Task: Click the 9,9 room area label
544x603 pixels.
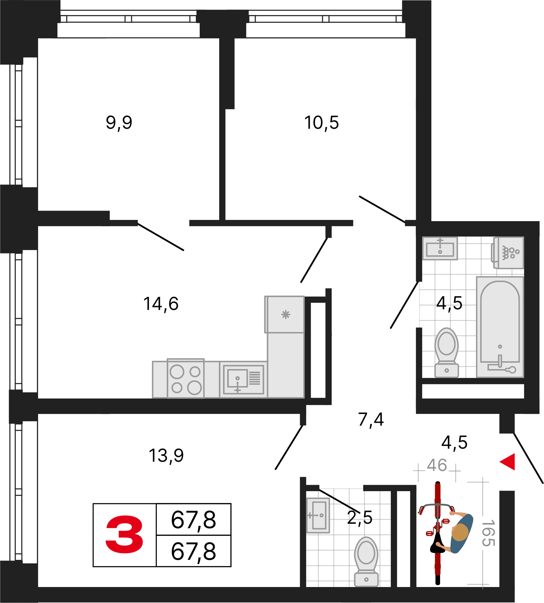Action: point(119,123)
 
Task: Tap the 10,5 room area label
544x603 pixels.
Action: point(321,123)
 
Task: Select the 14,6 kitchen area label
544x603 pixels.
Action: point(161,304)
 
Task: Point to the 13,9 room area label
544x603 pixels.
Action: point(166,455)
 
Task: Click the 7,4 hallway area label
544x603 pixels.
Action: point(371,420)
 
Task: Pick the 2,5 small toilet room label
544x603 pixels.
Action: point(360,517)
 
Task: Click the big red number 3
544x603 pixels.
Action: point(124,535)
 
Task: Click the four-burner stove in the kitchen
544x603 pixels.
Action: point(186,378)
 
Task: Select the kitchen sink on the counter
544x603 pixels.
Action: point(244,380)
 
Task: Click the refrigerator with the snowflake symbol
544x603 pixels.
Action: point(284,314)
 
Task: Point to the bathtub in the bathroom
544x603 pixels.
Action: point(500,327)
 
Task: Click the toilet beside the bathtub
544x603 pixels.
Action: point(447,352)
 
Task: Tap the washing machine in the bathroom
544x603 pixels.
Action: point(508,252)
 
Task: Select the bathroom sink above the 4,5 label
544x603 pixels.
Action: point(440,248)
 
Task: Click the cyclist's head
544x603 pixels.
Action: point(460,532)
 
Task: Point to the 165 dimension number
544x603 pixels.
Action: point(489,533)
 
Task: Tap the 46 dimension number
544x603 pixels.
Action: point(437,465)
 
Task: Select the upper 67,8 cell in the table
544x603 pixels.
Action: point(194,520)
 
